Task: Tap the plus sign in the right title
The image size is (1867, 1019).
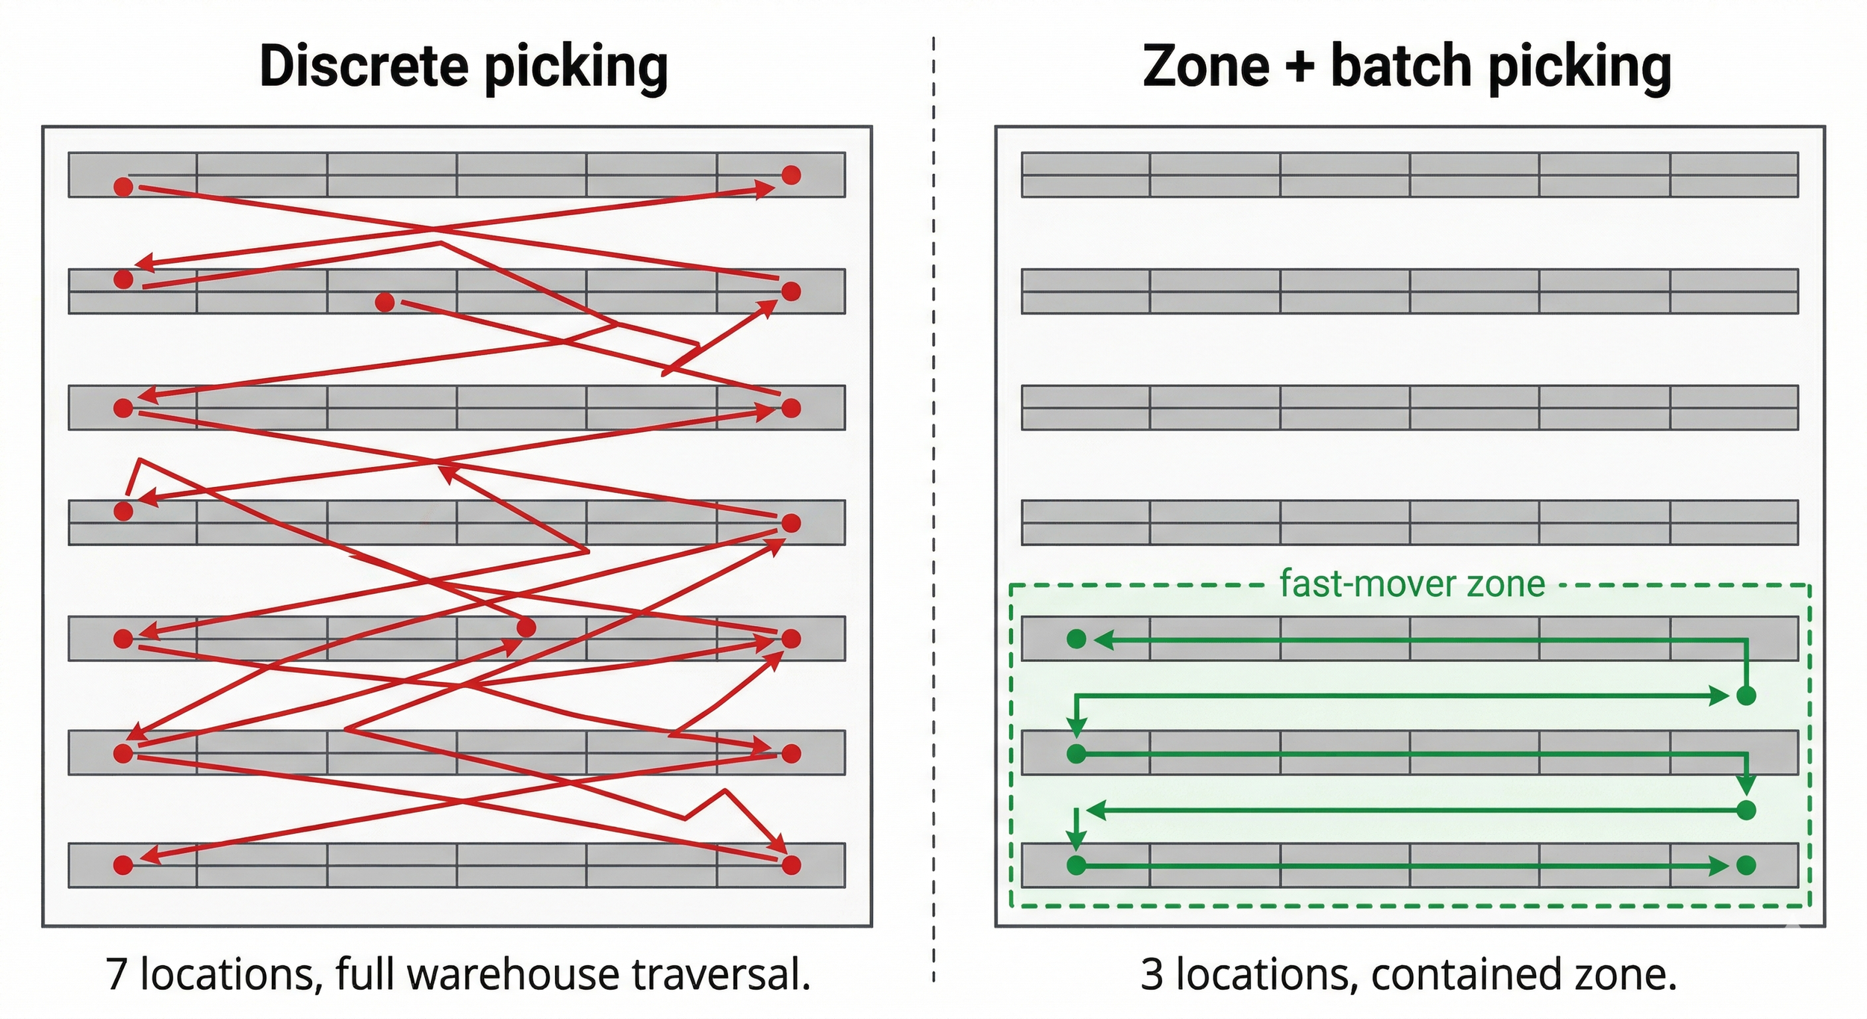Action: pos(1299,67)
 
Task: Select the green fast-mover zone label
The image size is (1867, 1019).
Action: pos(1411,583)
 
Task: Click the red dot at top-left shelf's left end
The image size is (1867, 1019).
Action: pos(123,186)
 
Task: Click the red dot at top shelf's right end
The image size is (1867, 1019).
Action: pos(791,175)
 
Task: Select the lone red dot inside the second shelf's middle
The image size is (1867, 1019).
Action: pos(385,302)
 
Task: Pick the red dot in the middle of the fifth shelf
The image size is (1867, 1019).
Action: pos(526,628)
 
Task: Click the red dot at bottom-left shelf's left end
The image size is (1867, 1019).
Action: pos(123,865)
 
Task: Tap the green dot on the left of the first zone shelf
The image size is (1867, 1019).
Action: pos(1076,639)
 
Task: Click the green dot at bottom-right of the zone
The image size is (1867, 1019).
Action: pos(1746,865)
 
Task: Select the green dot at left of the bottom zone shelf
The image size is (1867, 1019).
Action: pos(1076,865)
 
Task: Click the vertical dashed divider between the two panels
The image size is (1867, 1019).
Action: pos(933,508)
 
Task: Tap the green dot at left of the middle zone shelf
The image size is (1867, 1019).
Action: pos(1076,754)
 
